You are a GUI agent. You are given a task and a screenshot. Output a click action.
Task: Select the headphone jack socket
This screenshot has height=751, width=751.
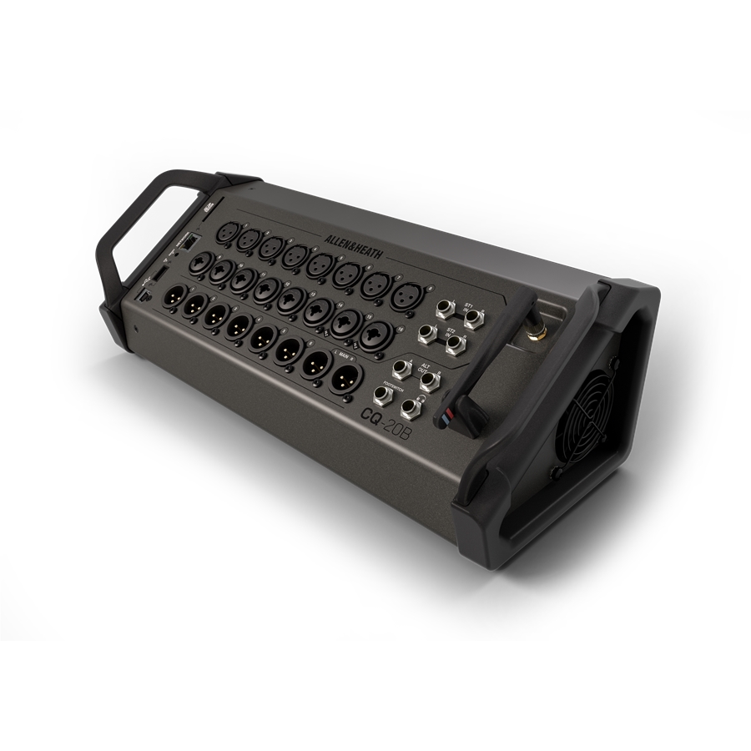tap(410, 408)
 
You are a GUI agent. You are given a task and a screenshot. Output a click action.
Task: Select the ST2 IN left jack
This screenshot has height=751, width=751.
tap(426, 335)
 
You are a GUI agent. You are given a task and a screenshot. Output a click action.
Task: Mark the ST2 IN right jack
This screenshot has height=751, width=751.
tap(455, 345)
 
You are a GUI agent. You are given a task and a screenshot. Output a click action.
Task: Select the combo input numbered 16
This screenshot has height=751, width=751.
tap(375, 334)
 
